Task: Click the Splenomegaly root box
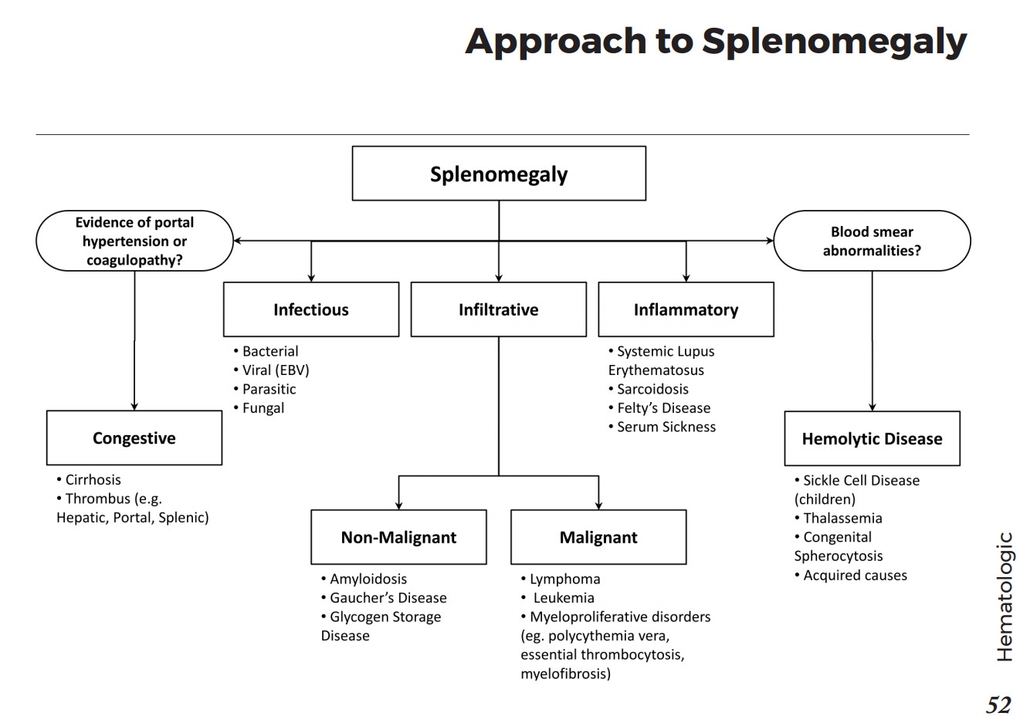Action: [x=498, y=174]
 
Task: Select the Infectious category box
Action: [x=310, y=309]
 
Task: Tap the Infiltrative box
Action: [x=498, y=309]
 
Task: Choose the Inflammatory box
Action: [x=686, y=309]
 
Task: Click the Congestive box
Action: [x=134, y=438]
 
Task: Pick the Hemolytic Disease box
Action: [x=872, y=439]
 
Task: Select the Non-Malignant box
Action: [x=398, y=537]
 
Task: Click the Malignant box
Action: [x=598, y=537]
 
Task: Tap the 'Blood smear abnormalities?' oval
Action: [x=872, y=241]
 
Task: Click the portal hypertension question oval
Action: [x=134, y=241]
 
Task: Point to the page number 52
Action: [x=998, y=704]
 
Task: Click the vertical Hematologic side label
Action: [x=1004, y=596]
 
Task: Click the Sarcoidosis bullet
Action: [x=652, y=389]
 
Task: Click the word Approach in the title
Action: [x=555, y=41]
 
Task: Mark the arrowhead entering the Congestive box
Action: [x=134, y=406]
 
